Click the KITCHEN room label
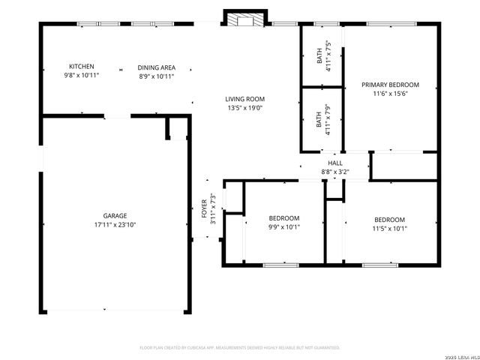[81, 67]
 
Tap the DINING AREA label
[156, 67]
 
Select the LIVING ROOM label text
[245, 98]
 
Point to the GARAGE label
[115, 215]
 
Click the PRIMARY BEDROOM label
[390, 85]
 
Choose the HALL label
[335, 163]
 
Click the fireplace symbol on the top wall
[245, 20]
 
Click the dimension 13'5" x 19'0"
[245, 108]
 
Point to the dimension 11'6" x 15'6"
[390, 94]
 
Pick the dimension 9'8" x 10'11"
[81, 76]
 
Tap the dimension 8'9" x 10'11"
[156, 76]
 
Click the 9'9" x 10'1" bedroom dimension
[284, 227]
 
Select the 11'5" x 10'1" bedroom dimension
[390, 229]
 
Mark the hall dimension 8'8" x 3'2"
[335, 172]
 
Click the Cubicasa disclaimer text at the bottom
[240, 347]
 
